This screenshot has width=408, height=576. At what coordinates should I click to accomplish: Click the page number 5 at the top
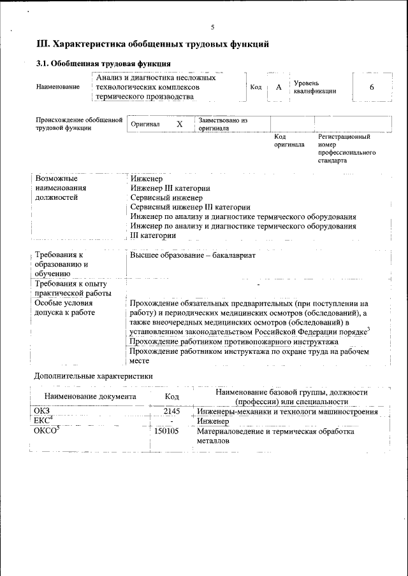coord(213,27)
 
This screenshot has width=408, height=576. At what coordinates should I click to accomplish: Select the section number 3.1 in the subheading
coord(42,64)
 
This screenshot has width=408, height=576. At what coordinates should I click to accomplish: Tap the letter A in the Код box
coord(278,87)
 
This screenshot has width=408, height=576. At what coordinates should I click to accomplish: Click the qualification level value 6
coord(372,87)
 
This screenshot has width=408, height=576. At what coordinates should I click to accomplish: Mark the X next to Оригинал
coord(180,124)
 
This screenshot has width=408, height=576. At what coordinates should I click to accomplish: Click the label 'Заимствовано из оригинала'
coord(222,123)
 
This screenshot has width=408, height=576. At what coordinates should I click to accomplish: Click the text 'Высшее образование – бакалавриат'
coord(193,255)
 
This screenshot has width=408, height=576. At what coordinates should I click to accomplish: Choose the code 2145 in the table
coord(172,412)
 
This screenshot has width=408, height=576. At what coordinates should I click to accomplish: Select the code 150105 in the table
coord(167,431)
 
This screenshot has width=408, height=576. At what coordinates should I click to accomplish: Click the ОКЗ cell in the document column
coord(42,412)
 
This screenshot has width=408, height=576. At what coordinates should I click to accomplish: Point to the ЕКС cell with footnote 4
coord(43,420)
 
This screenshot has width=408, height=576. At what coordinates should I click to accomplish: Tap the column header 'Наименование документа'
coord(91,397)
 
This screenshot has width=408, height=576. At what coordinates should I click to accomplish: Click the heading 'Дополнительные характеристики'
coord(93,376)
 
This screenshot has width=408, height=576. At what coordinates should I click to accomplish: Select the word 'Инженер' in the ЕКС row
coord(213,421)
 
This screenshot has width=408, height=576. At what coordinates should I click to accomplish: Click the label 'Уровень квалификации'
coord(314,87)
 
